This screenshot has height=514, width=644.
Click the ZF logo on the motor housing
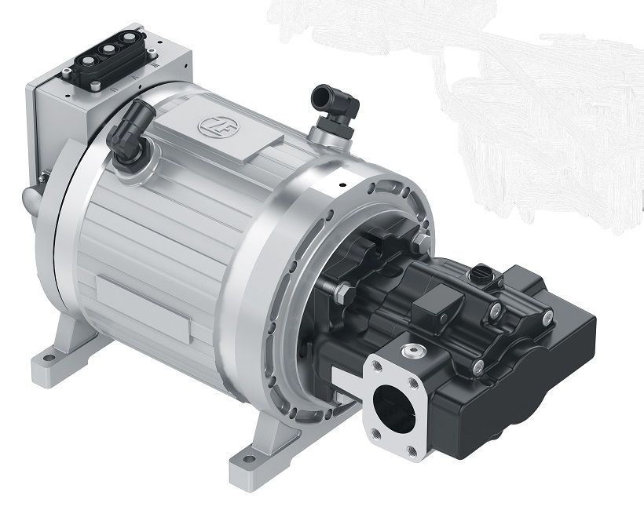(213, 126)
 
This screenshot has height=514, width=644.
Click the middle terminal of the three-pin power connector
(108, 49)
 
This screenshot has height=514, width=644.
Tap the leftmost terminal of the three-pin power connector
(87, 60)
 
